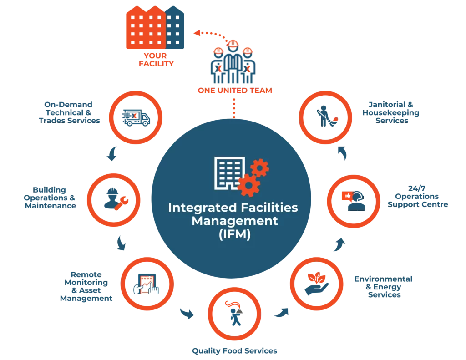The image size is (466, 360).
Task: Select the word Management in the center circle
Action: [234, 222]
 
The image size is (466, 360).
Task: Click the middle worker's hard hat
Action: [233, 43]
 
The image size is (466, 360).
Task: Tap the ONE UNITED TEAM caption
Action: [234, 91]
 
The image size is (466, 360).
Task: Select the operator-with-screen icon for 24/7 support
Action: [352, 198]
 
